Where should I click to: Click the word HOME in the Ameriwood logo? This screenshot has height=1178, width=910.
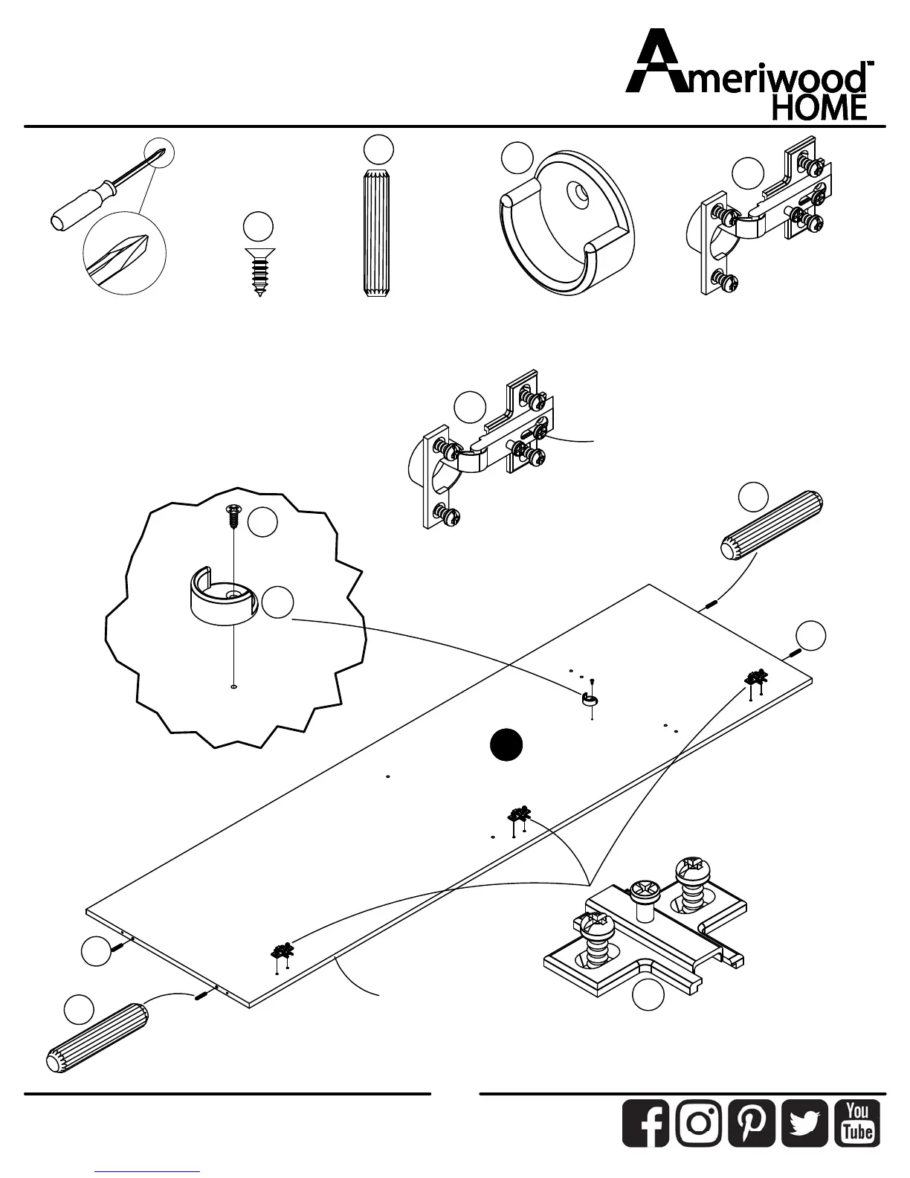820,108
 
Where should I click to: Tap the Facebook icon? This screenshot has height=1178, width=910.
645,1123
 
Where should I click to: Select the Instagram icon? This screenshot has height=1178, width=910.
699,1123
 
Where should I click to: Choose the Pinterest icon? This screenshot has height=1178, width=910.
752,1123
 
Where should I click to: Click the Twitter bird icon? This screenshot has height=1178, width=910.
805,1123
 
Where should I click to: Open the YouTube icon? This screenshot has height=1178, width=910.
858,1123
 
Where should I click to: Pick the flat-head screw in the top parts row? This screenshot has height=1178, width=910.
259,272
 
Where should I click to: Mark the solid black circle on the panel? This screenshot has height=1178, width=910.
506,745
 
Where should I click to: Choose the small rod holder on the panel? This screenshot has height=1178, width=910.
589,698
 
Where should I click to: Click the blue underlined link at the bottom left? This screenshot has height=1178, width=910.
147,1171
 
